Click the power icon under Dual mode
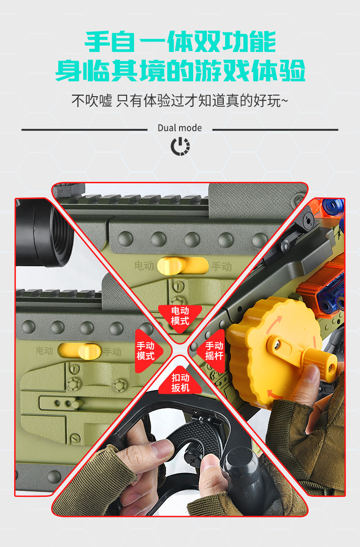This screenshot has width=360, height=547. (x=180, y=146)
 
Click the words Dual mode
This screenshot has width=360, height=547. (x=180, y=128)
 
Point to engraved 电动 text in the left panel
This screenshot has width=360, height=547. (x=45, y=351)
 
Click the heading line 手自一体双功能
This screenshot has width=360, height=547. (x=180, y=42)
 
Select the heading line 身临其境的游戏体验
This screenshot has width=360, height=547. (x=180, y=72)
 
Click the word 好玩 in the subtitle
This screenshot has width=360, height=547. (x=267, y=101)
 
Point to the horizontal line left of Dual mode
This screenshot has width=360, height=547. (x=84, y=129)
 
